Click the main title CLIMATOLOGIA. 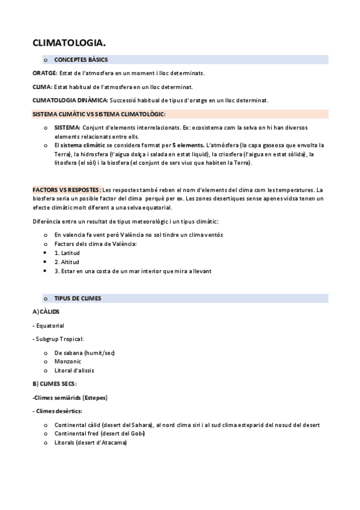click(69, 42)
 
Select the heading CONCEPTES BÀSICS click(81, 60)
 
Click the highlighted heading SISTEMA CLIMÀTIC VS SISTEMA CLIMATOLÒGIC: click(99, 114)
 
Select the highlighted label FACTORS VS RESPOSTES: click(67, 190)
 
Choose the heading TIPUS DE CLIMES click(78, 298)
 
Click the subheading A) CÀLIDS click(46, 312)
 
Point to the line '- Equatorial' click(49, 326)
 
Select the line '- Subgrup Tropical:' click(58, 339)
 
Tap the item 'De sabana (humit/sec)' click(84, 352)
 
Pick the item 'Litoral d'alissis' click(74, 370)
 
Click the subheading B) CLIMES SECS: click(55, 384)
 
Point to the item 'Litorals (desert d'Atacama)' click(90, 443)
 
